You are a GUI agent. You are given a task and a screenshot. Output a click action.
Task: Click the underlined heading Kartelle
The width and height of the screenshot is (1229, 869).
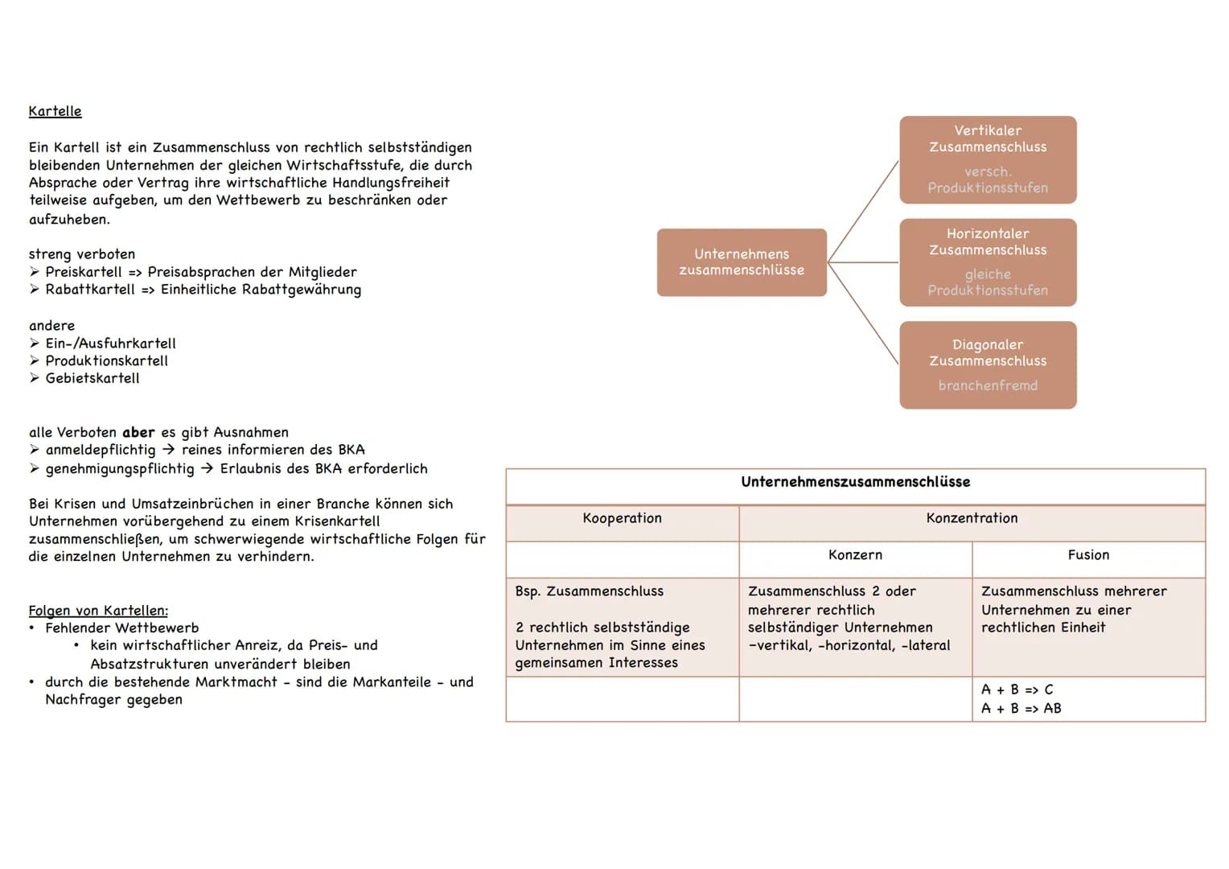coord(55,111)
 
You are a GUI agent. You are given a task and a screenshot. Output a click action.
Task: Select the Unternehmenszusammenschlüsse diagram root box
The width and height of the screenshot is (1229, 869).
coord(742,262)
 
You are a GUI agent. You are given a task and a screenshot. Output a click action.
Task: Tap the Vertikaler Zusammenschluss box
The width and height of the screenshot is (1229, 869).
coord(988,159)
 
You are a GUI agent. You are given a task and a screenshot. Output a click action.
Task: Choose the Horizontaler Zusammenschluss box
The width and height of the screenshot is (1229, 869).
coord(988,262)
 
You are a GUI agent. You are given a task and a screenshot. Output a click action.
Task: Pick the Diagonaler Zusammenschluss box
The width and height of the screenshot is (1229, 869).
coord(988,364)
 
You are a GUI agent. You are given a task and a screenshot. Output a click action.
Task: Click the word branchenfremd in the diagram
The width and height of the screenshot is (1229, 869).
coord(988,385)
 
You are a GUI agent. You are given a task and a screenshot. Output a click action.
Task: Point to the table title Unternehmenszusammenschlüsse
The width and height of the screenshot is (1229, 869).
coord(855,482)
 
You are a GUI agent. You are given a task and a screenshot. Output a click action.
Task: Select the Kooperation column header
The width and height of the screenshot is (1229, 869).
coord(622,518)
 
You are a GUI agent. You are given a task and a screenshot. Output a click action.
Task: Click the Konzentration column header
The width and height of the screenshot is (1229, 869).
coord(972,518)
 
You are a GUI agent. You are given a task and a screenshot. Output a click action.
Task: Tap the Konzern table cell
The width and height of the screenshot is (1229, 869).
coord(855,555)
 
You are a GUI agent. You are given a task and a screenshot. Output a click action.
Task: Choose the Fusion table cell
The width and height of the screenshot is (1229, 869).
coord(1088,555)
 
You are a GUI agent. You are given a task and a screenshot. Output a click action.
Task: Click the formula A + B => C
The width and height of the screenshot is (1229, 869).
coord(1017,690)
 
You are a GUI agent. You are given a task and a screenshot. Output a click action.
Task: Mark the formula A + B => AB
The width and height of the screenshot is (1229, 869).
coord(1021,709)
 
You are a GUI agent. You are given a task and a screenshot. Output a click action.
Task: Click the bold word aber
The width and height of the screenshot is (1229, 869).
coord(138,432)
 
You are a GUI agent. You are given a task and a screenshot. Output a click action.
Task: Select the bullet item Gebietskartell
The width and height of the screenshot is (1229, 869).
coord(92,378)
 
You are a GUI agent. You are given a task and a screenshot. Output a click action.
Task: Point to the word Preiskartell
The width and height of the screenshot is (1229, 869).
coord(84,272)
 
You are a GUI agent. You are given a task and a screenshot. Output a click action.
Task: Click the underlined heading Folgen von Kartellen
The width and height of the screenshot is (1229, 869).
coord(98,611)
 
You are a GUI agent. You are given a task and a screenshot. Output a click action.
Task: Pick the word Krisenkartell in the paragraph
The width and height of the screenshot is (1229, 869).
coord(337,521)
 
